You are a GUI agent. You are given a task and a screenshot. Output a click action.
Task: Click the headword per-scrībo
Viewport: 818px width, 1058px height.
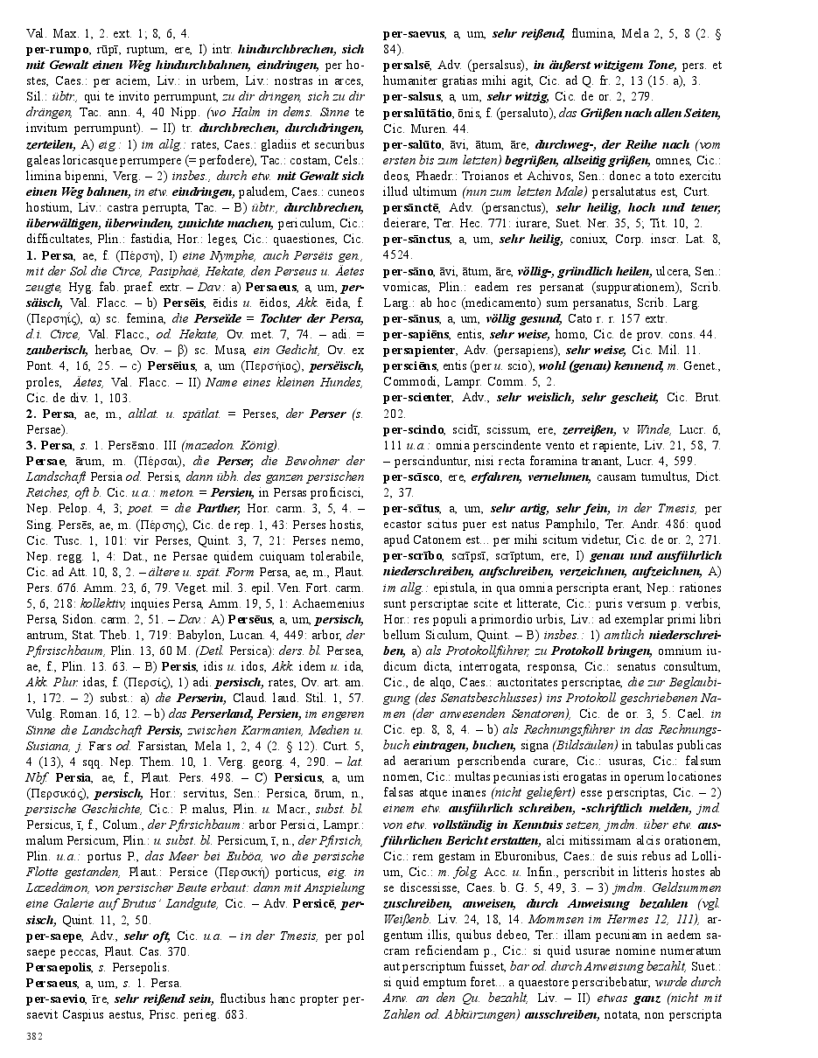pos(416,555)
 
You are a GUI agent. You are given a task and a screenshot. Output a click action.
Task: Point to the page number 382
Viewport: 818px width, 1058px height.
pos(35,1037)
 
